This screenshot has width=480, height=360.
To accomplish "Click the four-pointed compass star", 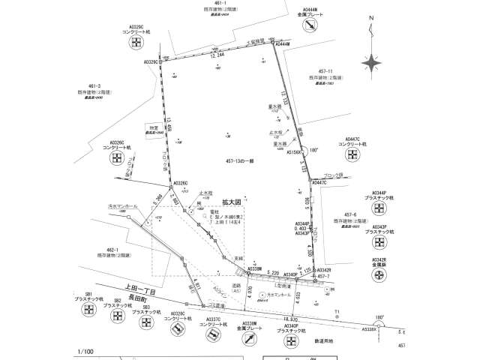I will pos(373,62).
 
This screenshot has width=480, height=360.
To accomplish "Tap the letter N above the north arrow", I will pos(373,28).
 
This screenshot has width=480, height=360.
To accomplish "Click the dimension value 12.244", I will pos(217,55).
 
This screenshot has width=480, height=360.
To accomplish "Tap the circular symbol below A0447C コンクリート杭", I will pos(349,156).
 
